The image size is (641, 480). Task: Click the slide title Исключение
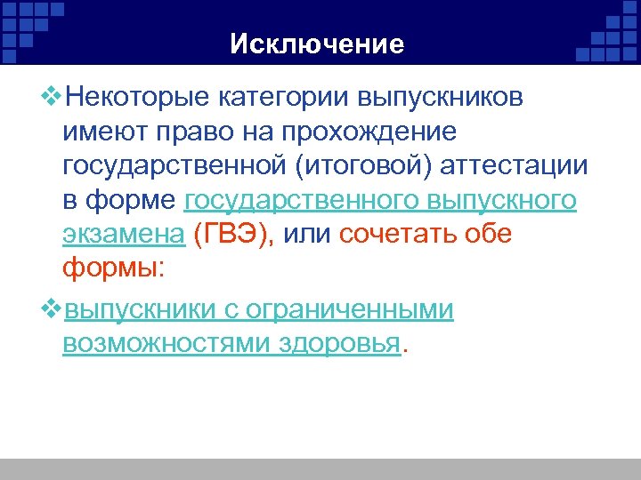point(317,44)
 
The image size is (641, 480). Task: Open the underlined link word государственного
point(298,202)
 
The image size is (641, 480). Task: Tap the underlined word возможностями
point(160,345)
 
